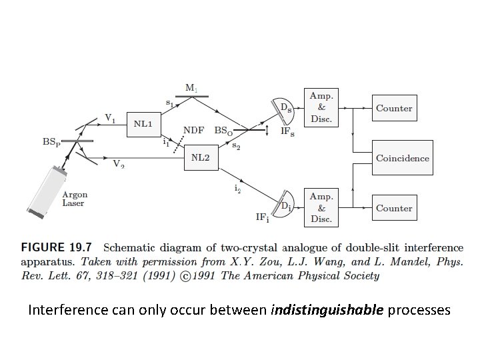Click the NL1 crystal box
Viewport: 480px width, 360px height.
143,123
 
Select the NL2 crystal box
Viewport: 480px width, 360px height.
201,158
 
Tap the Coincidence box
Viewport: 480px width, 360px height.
402,159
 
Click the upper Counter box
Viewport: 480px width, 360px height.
393,108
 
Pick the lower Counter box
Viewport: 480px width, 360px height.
393,208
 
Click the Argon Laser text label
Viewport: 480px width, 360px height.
75,199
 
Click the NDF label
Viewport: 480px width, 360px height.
194,128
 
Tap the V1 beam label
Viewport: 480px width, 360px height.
110,118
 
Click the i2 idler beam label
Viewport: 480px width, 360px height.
237,189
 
